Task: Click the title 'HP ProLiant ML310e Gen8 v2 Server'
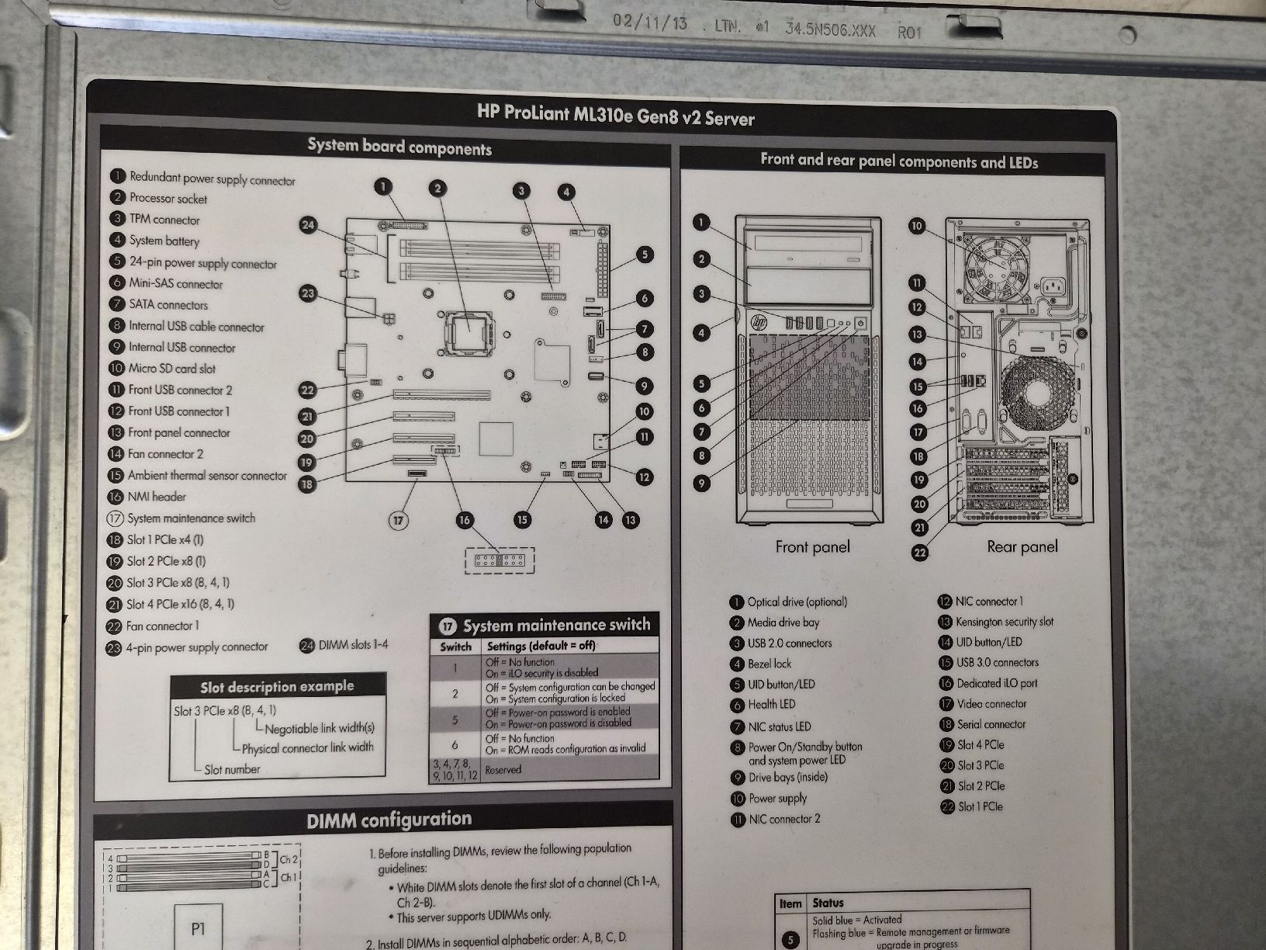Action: pos(615,114)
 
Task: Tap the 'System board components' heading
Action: pos(400,147)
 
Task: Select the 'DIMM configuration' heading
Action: pos(389,819)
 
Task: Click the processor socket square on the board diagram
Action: pos(469,332)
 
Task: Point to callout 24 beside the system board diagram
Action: pos(308,224)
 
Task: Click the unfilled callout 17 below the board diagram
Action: pos(398,520)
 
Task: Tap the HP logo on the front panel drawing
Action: pos(759,321)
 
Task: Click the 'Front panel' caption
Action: pos(812,546)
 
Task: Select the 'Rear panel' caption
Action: pos(1022,546)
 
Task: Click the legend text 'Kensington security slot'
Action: pos(1004,622)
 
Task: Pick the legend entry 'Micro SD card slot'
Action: pos(171,368)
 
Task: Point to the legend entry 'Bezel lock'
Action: pos(769,664)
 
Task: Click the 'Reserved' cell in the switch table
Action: pos(503,769)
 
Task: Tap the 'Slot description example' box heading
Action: pos(277,686)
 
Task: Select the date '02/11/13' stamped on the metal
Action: pos(649,23)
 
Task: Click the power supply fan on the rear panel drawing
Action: pos(997,266)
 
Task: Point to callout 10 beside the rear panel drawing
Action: pos(916,226)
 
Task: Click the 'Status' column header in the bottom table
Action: pos(828,902)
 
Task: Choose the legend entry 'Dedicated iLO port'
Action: pos(997,684)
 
